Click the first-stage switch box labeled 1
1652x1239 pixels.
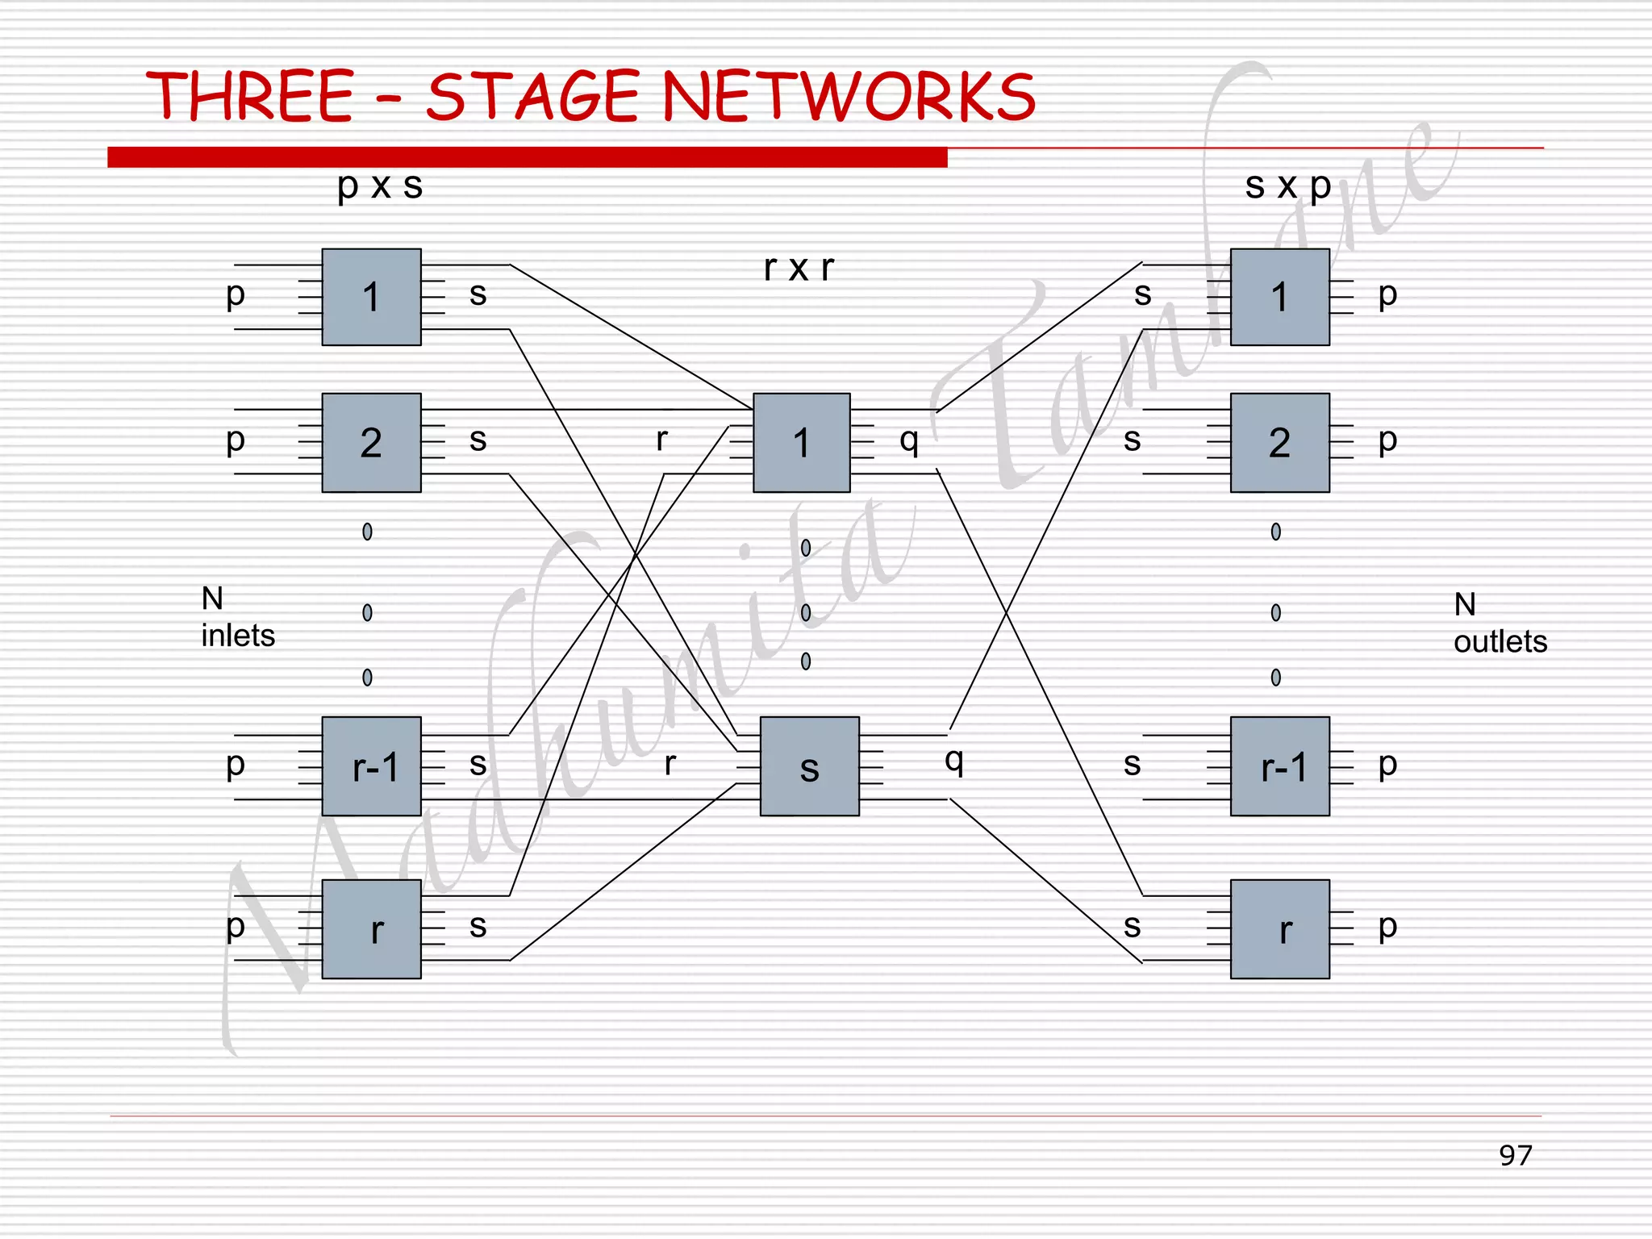371,297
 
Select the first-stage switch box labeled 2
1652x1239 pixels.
371,442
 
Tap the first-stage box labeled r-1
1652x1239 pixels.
371,766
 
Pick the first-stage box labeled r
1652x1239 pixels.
371,929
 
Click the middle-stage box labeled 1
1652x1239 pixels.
801,442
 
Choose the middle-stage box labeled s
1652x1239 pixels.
809,766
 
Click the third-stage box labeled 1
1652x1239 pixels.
1279,297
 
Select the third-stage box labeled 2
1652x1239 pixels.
1279,442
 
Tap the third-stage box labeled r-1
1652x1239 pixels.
1279,766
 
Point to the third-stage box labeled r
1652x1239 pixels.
1279,929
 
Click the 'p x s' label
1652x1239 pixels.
380,186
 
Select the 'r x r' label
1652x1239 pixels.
799,268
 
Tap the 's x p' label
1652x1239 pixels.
1287,186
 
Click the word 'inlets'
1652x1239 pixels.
238,636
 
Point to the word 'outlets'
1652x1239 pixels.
1500,642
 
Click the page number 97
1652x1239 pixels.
1515,1155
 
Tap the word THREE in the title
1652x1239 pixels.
250,96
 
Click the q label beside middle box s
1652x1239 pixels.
954,760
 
